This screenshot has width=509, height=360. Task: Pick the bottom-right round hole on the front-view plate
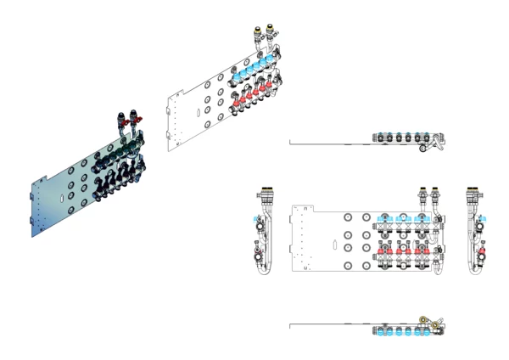[366, 264]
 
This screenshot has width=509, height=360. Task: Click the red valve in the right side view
[482, 251]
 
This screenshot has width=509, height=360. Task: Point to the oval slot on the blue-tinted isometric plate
[61, 198]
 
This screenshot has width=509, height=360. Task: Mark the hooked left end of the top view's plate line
[290, 141]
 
